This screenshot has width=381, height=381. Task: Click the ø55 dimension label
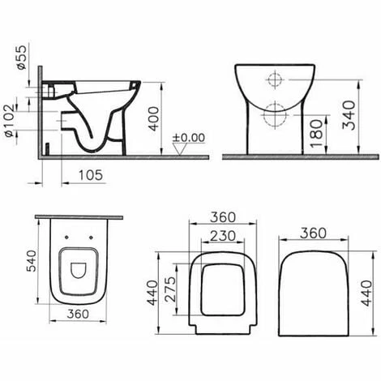point(22,58)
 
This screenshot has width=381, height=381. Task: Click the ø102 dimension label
point(11,121)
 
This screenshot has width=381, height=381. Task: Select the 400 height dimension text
point(154,119)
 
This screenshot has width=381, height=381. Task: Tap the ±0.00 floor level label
point(189,138)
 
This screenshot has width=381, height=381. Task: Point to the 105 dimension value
point(91,175)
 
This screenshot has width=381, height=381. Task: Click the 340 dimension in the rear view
point(349,115)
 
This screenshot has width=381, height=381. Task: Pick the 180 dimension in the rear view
point(316,133)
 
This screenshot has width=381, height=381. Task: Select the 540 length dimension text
point(31,261)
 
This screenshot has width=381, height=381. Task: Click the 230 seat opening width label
point(223,236)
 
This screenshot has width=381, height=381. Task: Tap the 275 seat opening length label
point(170,289)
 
